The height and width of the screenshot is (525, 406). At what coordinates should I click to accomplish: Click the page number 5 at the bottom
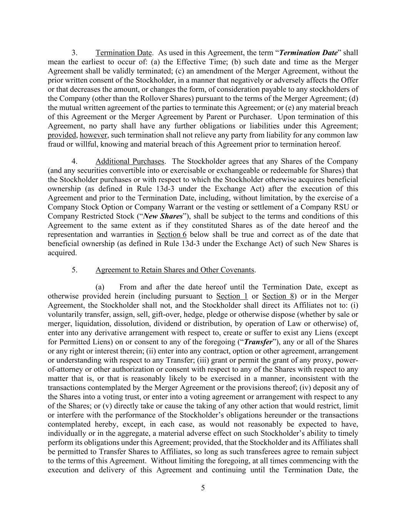[203, 488]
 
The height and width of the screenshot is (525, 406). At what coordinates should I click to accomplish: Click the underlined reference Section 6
[172, 235]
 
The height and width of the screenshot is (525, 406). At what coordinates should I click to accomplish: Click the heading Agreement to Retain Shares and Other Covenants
[175, 270]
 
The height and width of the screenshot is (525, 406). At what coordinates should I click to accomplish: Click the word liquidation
[92, 323]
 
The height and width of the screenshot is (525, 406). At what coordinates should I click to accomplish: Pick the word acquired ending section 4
[62, 253]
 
